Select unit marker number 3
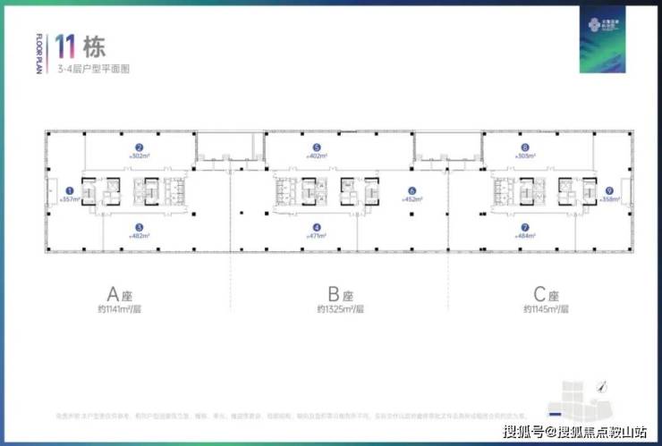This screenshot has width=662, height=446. [x=139, y=227]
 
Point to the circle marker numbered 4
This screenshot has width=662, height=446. [x=316, y=227]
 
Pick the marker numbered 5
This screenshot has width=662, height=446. [x=316, y=147]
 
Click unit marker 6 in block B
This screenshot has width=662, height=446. [x=412, y=189]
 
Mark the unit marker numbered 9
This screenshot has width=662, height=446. [x=608, y=189]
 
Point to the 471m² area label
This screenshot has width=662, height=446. [x=316, y=236]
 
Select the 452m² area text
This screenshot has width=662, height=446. [x=412, y=199]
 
